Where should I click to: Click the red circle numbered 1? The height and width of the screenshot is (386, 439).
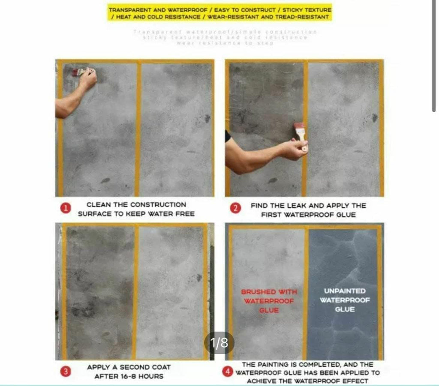(66, 209)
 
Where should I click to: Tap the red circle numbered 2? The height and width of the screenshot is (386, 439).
(235, 209)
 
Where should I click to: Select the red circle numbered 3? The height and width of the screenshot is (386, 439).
(66, 371)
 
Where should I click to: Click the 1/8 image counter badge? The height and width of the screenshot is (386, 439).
(219, 342)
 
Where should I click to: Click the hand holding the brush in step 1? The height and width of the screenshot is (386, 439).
(87, 79)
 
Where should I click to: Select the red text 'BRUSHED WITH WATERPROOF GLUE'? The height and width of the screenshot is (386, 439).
(269, 301)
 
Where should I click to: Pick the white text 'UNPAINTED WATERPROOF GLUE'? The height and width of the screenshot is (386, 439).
(345, 300)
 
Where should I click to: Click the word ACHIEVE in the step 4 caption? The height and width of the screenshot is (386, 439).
(262, 381)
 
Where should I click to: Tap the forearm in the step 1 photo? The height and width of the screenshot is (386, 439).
(69, 103)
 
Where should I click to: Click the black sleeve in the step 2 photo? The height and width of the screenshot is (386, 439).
(228, 136)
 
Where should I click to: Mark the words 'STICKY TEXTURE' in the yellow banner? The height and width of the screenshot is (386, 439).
(307, 9)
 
